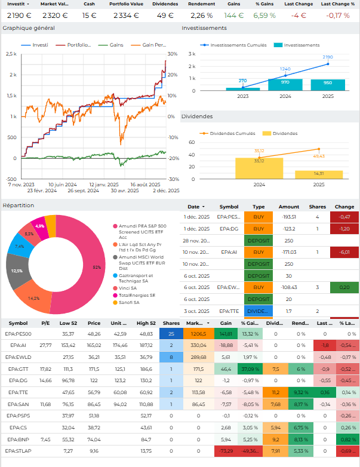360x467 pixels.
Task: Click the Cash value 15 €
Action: pos(89,15)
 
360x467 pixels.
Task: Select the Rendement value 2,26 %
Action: pos(201,15)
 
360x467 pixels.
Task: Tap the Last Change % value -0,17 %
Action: pos(339,15)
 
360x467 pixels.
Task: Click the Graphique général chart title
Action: pos(29,28)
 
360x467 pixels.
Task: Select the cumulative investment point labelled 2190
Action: pos(327,64)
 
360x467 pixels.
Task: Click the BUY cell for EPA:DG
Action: pos(259,229)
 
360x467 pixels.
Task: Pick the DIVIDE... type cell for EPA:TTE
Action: pos(259,311)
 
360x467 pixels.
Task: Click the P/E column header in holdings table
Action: pos(45,323)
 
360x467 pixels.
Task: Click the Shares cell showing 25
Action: pos(171,334)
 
